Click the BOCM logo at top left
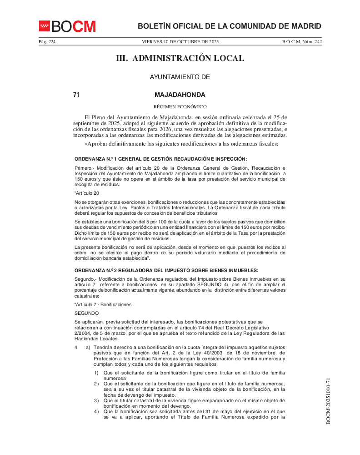point(67,26)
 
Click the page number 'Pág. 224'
point(47,42)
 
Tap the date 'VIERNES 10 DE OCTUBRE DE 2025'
point(180,42)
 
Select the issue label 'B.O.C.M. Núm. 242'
point(302,42)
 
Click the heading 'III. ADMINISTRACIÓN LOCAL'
point(180,58)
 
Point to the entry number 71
point(76,95)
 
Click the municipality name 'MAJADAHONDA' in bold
point(180,95)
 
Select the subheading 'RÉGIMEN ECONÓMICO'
point(180,107)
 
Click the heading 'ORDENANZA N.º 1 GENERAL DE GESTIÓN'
point(160,158)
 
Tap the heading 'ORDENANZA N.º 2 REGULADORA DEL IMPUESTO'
point(166,270)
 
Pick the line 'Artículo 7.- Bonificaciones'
point(103,304)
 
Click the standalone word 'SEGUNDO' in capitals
point(86,313)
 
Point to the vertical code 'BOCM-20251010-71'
point(328,401)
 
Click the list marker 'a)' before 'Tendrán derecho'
point(88,348)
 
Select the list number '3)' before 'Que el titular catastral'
point(96,400)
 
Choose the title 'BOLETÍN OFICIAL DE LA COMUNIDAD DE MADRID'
point(229,26)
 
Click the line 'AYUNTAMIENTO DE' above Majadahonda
point(180,77)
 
